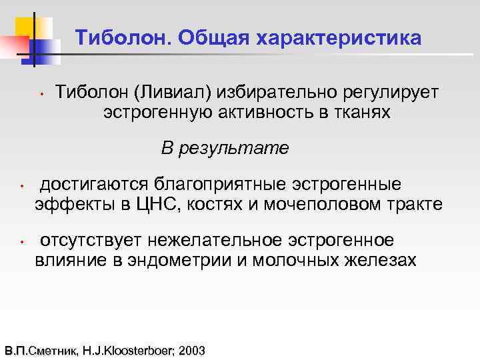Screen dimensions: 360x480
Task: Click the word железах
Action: tap(381, 260)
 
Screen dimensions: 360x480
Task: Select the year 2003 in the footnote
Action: tap(192, 350)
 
